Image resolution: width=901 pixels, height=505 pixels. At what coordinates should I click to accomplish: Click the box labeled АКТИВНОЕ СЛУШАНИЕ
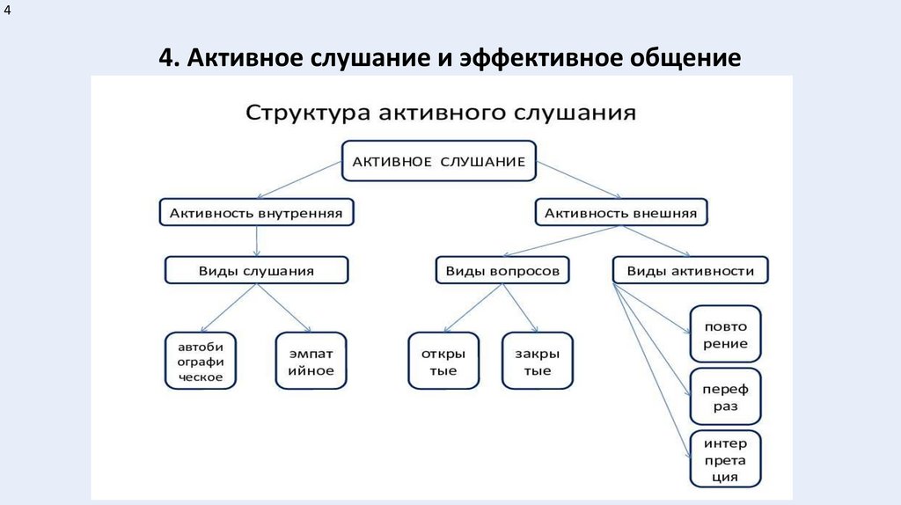[438, 161]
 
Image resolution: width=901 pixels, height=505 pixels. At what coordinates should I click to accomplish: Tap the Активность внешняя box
[621, 213]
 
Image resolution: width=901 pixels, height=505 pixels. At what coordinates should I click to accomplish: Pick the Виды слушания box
[257, 271]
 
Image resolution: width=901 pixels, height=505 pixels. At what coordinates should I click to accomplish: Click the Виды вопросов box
[502, 271]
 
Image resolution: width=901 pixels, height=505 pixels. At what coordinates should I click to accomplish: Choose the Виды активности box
[690, 271]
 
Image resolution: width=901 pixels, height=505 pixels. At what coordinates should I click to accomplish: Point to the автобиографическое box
[201, 361]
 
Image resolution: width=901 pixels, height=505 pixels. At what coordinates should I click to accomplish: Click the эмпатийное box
[311, 361]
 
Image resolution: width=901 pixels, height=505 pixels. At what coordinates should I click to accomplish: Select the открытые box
[443, 361]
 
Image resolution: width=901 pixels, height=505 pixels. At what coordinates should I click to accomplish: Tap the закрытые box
[538, 361]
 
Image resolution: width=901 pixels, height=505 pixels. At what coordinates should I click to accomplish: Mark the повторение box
[726, 334]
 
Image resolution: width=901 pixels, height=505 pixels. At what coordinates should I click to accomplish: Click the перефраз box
[726, 398]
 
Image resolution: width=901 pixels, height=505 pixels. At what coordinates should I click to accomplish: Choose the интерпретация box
[726, 459]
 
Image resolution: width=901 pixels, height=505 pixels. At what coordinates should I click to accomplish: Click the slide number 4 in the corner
[8, 11]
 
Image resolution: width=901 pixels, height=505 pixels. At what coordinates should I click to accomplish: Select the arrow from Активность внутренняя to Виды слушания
[256, 240]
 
